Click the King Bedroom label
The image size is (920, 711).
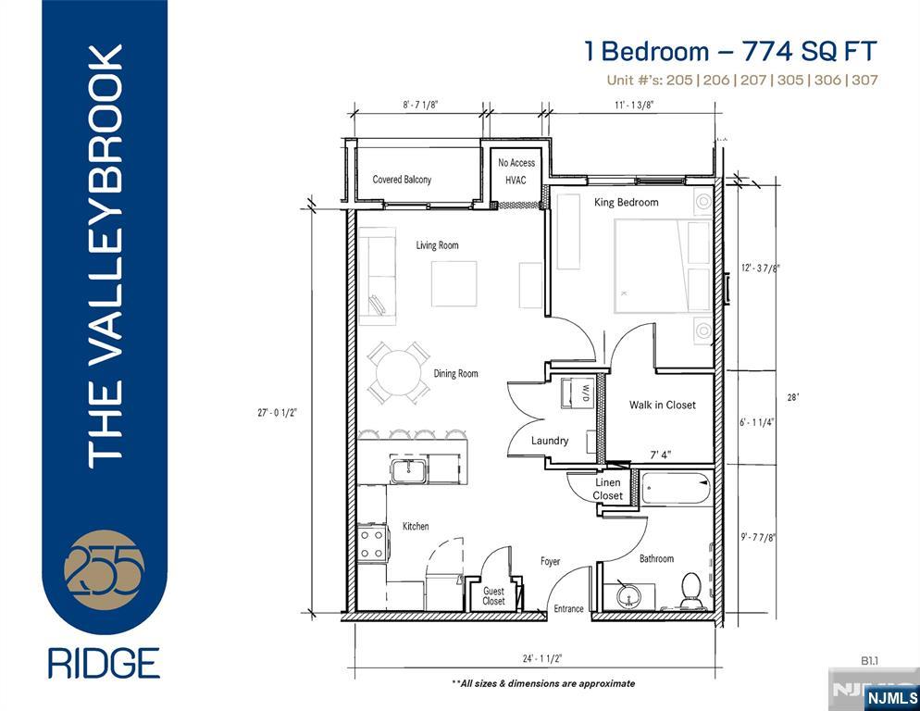coord(627,202)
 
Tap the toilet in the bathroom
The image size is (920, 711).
coord(691,591)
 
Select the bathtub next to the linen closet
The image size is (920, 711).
coord(676,488)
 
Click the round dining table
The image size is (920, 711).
coord(398,372)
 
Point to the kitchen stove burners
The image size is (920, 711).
coord(372,542)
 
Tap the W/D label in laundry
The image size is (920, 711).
coord(585,393)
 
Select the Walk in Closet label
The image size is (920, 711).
coord(662,405)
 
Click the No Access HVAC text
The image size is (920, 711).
coord(516,171)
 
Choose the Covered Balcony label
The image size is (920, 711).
coord(402,180)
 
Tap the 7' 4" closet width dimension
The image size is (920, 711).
coord(662,455)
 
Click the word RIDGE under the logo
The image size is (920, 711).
coord(104,663)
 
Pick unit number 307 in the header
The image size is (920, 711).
coord(864,80)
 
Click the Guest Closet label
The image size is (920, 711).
coord(494,596)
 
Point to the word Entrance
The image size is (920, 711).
coord(568,608)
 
